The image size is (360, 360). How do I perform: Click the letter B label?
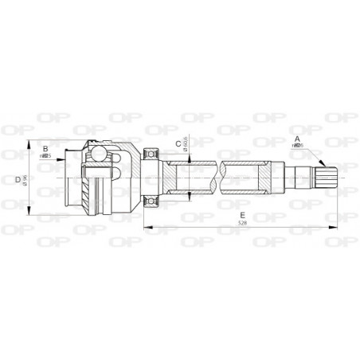tap(45, 149)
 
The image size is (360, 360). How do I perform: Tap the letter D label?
tap(18, 179)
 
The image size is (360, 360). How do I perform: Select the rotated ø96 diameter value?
tap(25, 180)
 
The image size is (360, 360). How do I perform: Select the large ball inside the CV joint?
tap(98, 155)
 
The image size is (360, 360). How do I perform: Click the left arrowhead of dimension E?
tap(147, 229)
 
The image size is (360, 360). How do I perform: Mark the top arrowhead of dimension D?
tap(31, 145)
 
